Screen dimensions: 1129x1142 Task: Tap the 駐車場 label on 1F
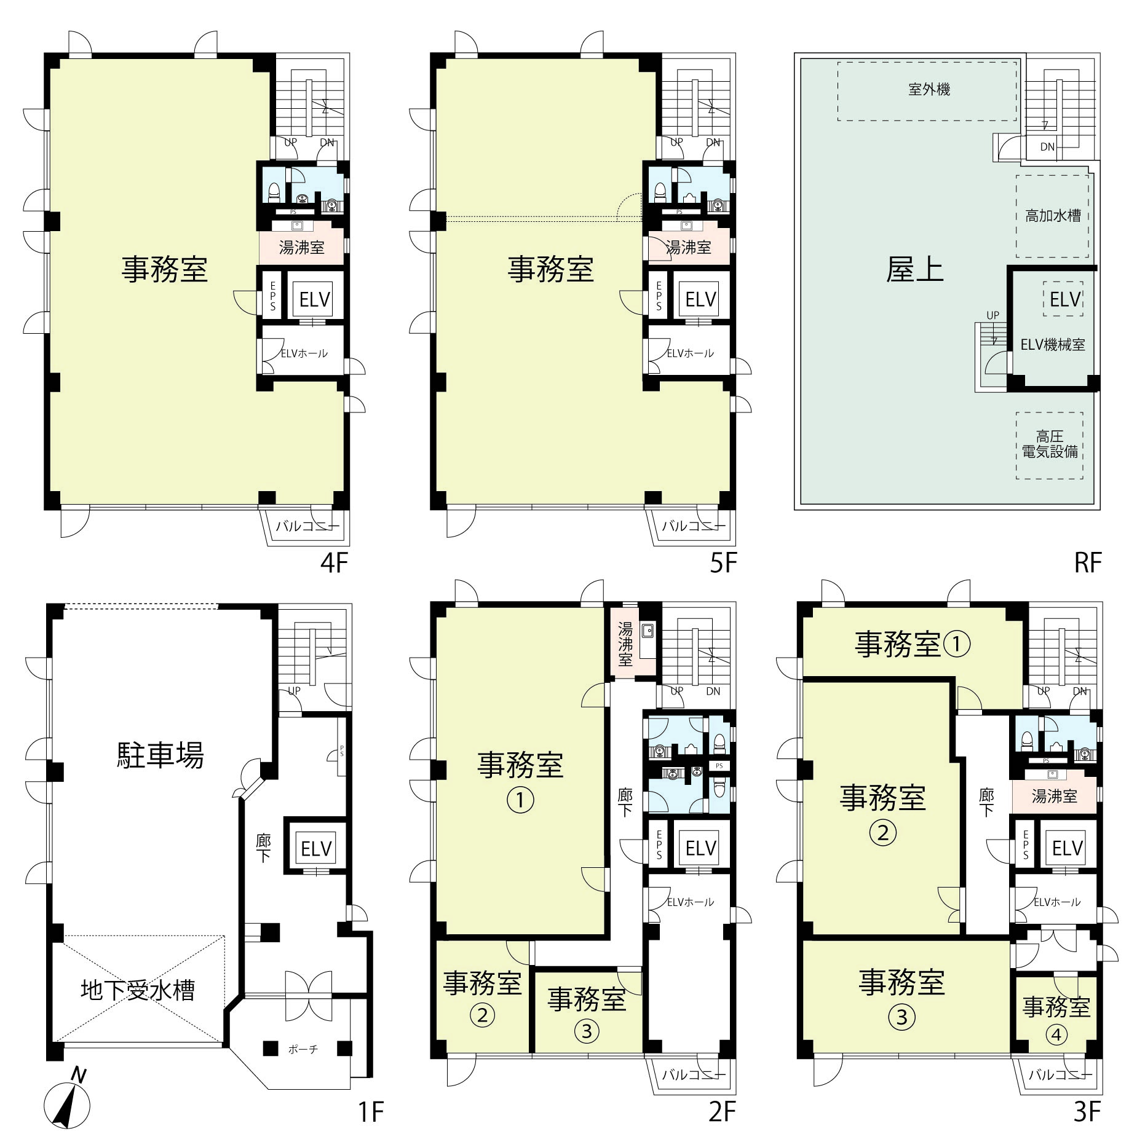click(x=160, y=755)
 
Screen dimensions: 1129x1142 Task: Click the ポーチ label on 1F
click(x=303, y=1049)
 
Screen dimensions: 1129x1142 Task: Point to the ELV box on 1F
click(x=316, y=849)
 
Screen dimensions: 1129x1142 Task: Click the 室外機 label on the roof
click(x=929, y=90)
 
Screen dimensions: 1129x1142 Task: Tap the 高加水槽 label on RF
click(x=1053, y=216)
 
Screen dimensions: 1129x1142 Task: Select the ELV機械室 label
click(x=1053, y=345)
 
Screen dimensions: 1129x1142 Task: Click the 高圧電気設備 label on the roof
click(x=1050, y=444)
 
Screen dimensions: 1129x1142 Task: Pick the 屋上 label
click(x=914, y=269)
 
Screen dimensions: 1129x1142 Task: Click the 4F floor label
click(x=335, y=562)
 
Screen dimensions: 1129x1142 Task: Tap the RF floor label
click(x=1088, y=562)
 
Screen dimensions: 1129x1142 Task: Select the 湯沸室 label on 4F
click(x=301, y=247)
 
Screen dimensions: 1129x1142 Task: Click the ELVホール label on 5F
click(x=691, y=353)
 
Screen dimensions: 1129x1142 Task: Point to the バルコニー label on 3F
click(x=1061, y=1075)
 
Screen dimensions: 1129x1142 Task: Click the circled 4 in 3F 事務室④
click(x=1056, y=1035)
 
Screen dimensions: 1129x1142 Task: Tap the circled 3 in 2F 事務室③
click(x=587, y=1031)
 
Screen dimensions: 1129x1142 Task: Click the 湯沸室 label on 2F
click(x=625, y=644)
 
